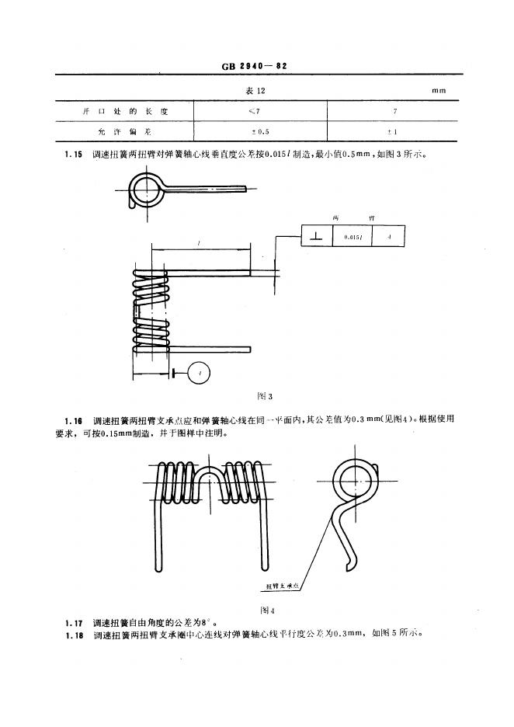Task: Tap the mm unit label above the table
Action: [440, 91]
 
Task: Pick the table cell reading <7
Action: [254, 112]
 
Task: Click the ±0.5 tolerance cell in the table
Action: [254, 132]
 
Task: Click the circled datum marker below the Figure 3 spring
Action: [201, 374]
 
